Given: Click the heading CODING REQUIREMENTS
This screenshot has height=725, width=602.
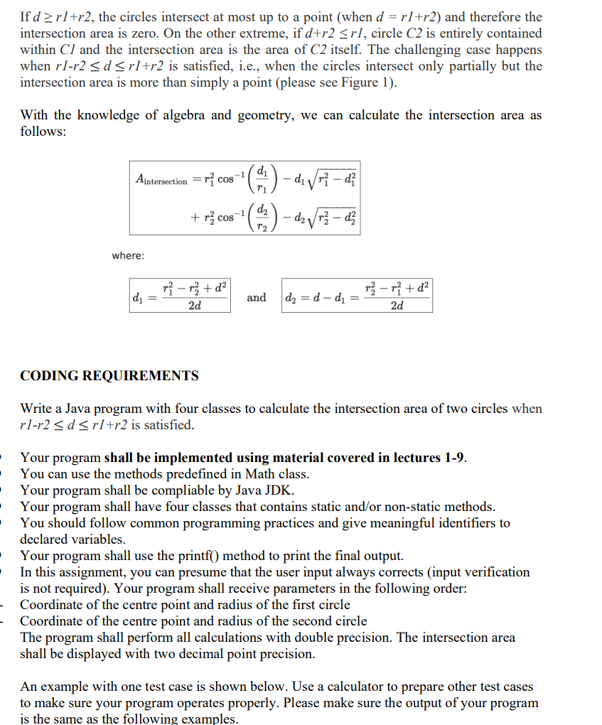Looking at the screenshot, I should point(109,375).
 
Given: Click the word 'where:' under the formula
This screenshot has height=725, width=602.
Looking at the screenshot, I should point(128,254).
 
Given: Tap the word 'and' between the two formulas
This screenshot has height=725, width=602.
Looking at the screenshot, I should point(257,297).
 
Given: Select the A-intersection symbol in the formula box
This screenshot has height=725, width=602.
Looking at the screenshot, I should point(161,181).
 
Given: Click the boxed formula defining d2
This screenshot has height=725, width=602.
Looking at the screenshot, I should point(357,296).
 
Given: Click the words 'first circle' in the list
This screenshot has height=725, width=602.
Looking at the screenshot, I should point(319,605).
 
